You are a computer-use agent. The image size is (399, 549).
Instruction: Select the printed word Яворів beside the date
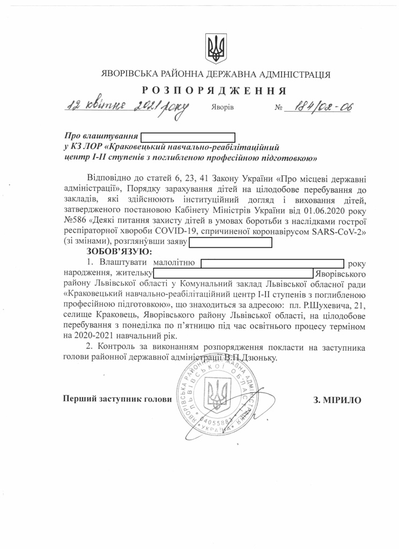tap(223, 107)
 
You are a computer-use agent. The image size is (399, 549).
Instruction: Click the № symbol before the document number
tap(278, 107)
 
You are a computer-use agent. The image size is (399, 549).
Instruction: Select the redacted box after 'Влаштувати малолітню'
tap(272, 263)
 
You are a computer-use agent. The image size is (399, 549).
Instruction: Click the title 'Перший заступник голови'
tap(118, 399)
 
